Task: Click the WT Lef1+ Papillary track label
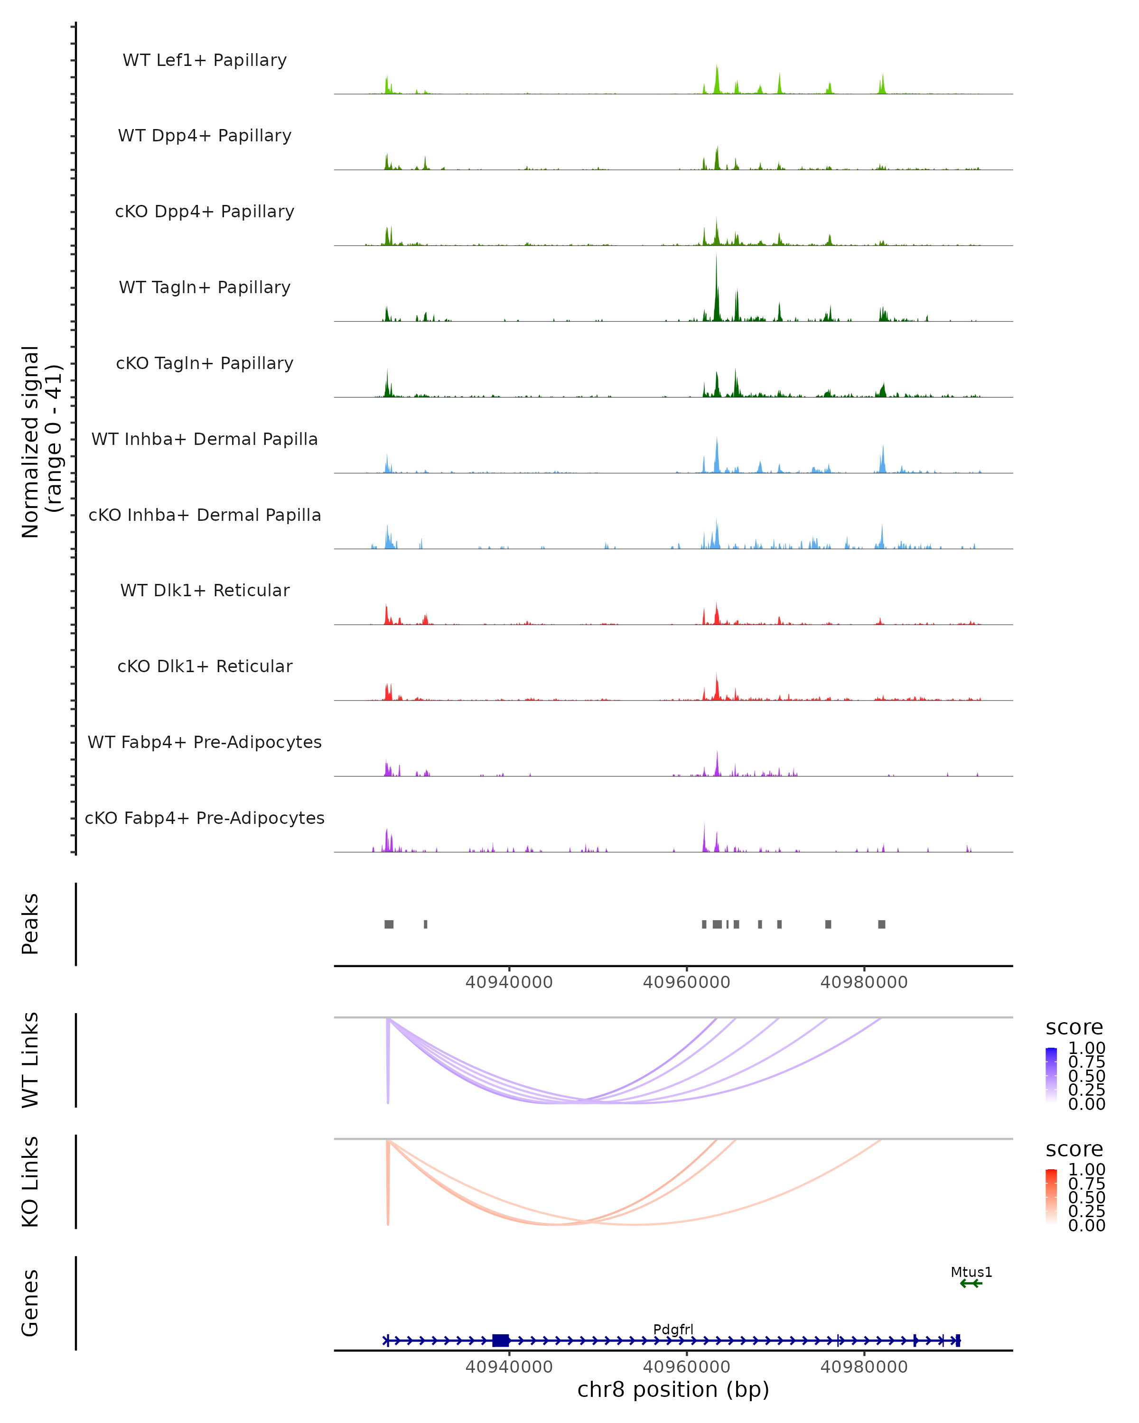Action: (205, 60)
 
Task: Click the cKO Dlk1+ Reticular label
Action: (205, 666)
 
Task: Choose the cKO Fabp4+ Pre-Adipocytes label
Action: (205, 818)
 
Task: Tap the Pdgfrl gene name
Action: (673, 1329)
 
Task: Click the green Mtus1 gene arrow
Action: (971, 1284)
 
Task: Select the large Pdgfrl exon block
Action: (501, 1340)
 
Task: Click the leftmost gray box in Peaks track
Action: (389, 924)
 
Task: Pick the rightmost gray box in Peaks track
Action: (881, 924)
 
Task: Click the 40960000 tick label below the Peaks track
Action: (686, 982)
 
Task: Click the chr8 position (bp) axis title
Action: (673, 1390)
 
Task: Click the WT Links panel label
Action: (30, 1060)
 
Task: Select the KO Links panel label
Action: (30, 1182)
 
